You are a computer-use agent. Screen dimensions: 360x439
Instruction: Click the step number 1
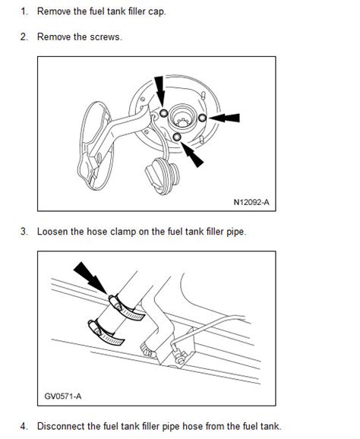pyautogui.click(x=24, y=11)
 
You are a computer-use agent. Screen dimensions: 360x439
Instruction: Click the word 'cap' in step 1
pyautogui.click(x=157, y=12)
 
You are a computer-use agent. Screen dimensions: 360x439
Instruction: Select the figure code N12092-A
pyautogui.click(x=251, y=202)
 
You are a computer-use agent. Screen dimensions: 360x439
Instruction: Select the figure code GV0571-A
pyautogui.click(x=63, y=396)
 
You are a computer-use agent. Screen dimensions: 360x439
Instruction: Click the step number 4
pyautogui.click(x=24, y=426)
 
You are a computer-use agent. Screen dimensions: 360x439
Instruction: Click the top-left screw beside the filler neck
pyautogui.click(x=163, y=113)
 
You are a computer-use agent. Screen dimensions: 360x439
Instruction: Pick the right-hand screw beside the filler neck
pyautogui.click(x=202, y=118)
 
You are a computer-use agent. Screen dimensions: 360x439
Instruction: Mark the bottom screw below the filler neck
pyautogui.click(x=177, y=137)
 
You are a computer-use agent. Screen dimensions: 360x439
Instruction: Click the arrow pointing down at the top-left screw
pyautogui.click(x=159, y=91)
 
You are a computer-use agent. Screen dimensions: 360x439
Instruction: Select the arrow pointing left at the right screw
pyautogui.click(x=224, y=118)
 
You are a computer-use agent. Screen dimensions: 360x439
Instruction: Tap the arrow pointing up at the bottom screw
pyautogui.click(x=191, y=154)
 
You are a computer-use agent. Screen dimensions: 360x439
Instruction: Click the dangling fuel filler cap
pyautogui.click(x=162, y=175)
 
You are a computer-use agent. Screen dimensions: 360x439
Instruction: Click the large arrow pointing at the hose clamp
pyautogui.click(x=90, y=278)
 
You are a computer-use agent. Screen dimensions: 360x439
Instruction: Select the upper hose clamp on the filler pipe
pyautogui.click(x=126, y=308)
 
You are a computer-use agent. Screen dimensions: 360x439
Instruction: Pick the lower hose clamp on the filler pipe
pyautogui.click(x=106, y=333)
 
